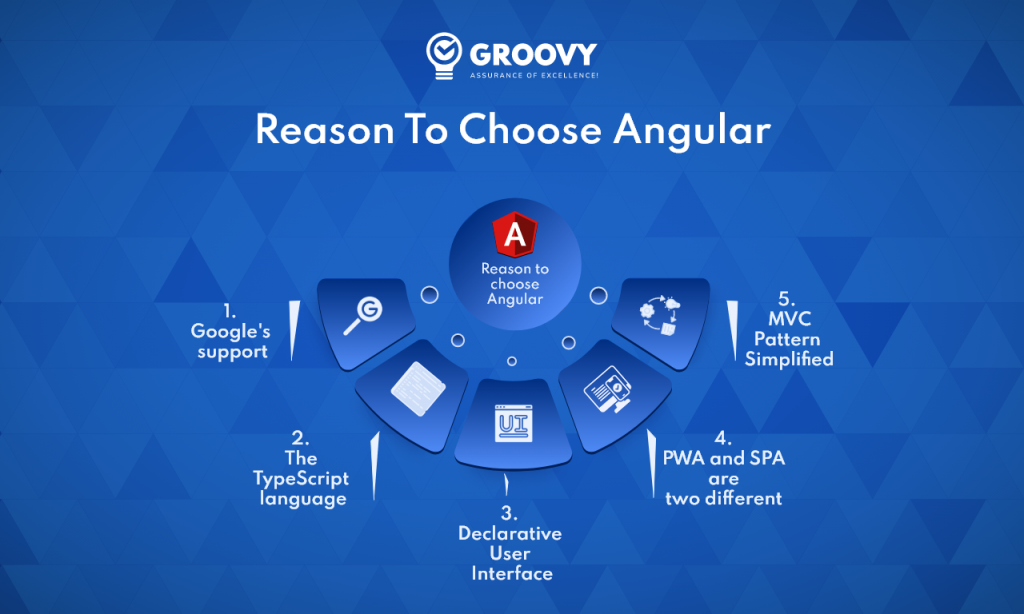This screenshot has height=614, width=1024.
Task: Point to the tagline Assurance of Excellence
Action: click(x=534, y=75)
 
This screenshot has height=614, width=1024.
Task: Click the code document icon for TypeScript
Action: click(x=412, y=387)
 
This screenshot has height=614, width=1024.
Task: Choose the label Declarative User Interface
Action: click(x=511, y=553)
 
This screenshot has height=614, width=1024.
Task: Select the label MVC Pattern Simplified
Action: click(x=789, y=339)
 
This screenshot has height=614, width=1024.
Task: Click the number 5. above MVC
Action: click(x=788, y=298)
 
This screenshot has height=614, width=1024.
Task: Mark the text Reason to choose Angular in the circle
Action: click(x=515, y=283)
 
